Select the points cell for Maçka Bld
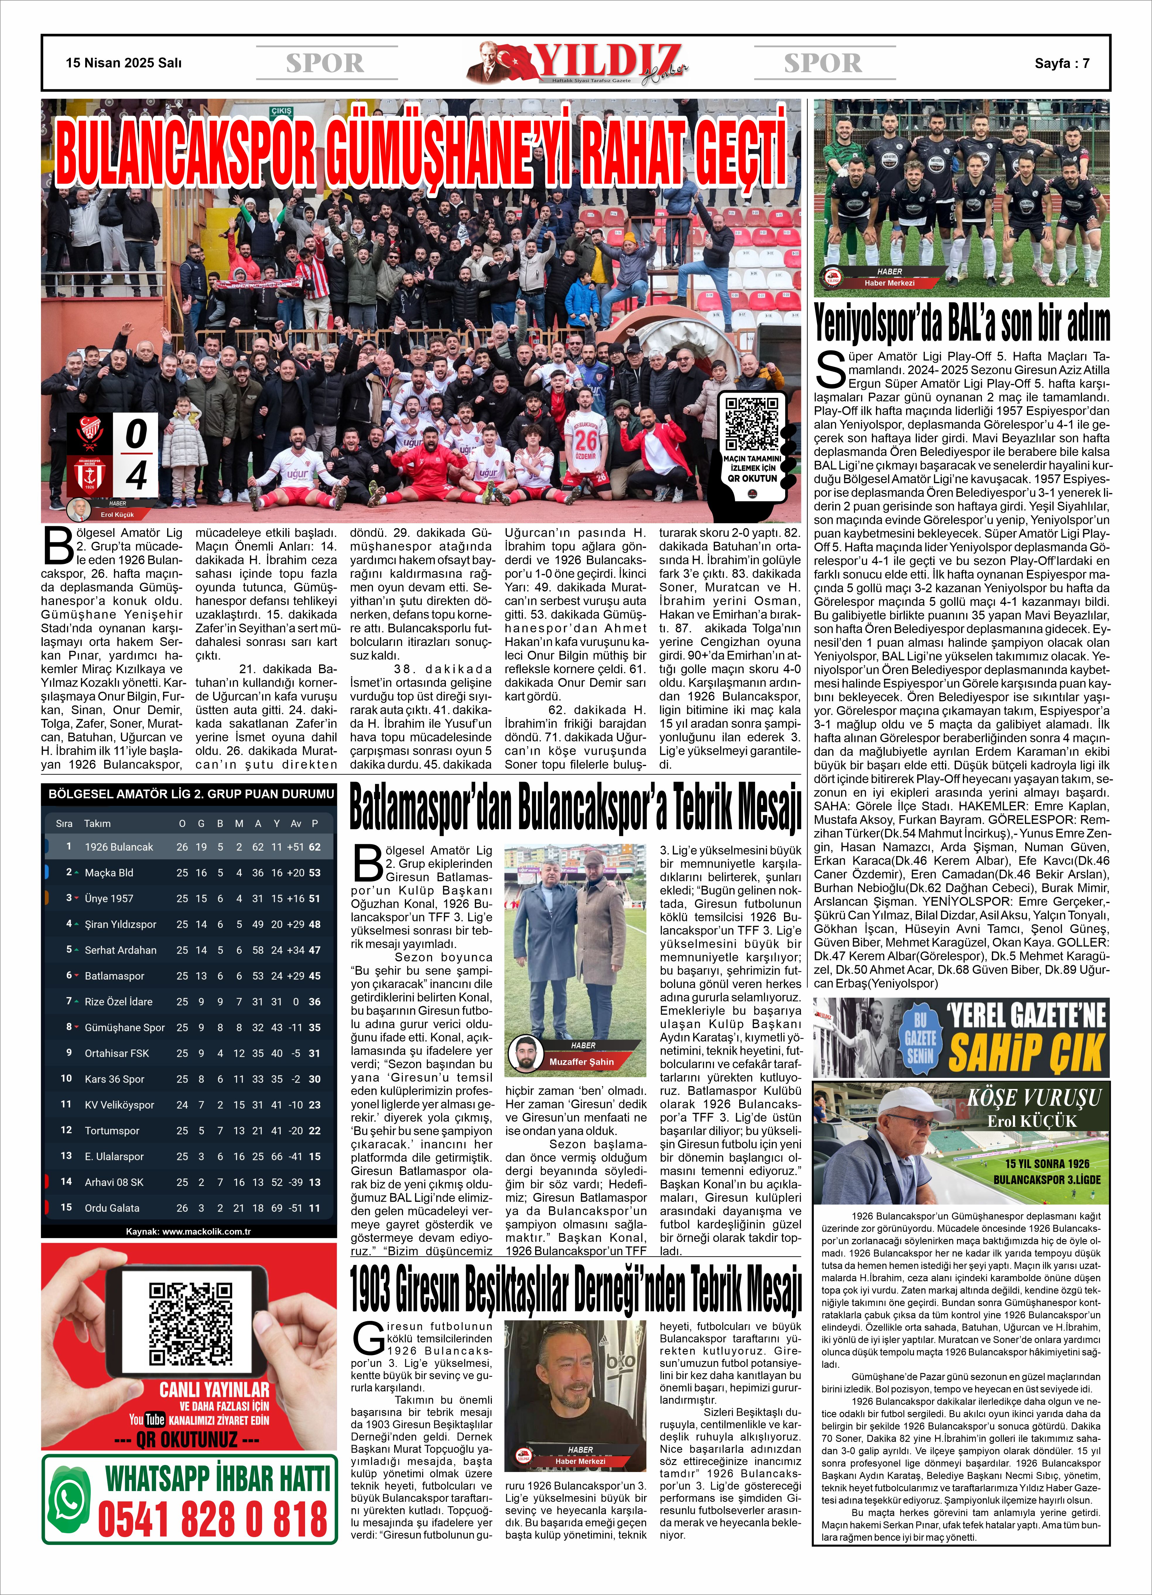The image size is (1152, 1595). click(x=314, y=873)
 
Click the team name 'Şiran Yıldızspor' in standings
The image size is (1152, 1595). click(x=120, y=924)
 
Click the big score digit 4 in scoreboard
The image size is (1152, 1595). click(x=136, y=476)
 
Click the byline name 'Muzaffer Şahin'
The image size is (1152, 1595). click(x=581, y=1062)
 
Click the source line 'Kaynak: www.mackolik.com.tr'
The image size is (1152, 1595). click(x=189, y=1231)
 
